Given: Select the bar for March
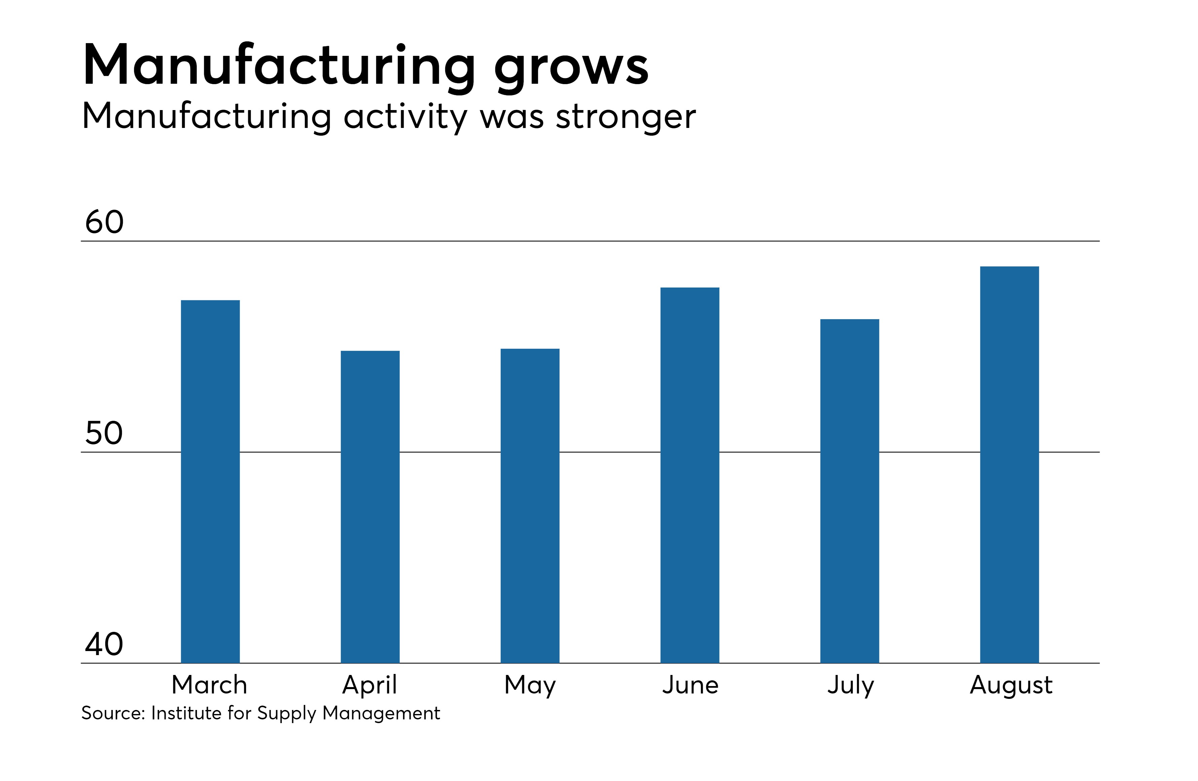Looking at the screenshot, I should coord(210,481).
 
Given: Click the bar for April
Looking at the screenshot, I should coord(370,506).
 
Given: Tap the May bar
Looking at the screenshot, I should coord(530,505).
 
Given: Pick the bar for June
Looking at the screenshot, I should coord(690,475).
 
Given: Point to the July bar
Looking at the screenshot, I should coord(850,490).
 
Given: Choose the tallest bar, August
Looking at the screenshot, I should coord(1009,464).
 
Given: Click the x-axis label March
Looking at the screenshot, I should coord(209,685).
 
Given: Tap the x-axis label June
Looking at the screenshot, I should coord(690,685).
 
